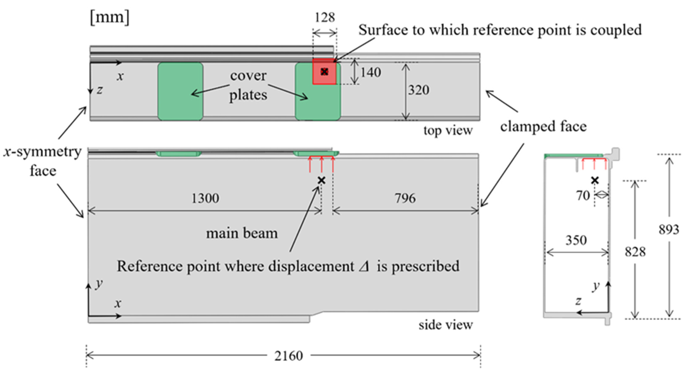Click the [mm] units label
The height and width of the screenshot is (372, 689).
click(x=110, y=18)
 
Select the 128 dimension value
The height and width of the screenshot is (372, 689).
click(x=325, y=18)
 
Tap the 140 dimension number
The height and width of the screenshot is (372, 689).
click(x=371, y=72)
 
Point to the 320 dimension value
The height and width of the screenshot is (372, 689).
click(x=419, y=90)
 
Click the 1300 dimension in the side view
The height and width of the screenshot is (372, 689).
click(x=205, y=198)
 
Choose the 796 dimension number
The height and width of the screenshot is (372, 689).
click(x=405, y=198)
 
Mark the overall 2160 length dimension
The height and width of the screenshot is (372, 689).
click(x=289, y=356)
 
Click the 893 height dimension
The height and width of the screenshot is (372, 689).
click(x=669, y=229)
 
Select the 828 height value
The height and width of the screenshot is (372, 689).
click(x=635, y=252)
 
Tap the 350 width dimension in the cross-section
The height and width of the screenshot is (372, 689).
click(x=576, y=240)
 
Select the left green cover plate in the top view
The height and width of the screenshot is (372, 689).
click(x=180, y=91)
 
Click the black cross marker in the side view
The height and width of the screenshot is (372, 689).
click(x=321, y=181)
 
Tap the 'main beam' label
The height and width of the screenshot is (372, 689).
click(x=242, y=233)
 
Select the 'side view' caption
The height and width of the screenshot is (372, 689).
click(x=446, y=325)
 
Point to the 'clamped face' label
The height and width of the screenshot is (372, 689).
click(x=543, y=127)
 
